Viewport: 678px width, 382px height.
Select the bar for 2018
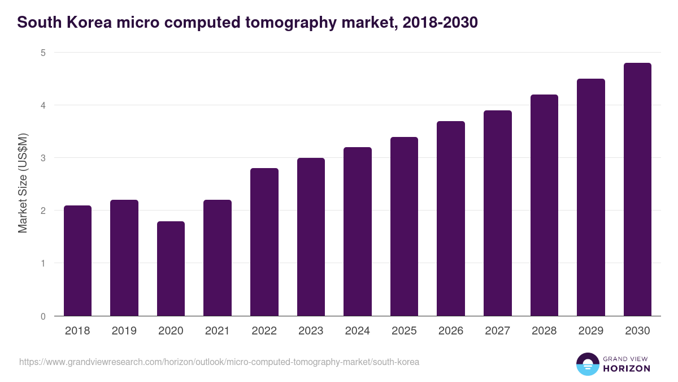point(77,261)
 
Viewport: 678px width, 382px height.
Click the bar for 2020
point(171,269)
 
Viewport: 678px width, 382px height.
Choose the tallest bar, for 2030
point(637,190)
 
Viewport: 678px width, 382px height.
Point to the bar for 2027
point(498,213)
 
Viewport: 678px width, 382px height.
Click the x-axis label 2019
point(124,331)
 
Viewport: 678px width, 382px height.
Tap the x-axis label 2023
point(311,331)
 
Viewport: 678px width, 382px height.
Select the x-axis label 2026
point(451,331)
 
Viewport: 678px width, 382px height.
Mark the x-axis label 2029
point(590,331)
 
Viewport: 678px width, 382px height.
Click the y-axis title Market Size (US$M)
point(23,184)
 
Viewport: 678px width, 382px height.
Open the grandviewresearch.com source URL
point(219,362)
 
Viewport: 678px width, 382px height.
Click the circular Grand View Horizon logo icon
point(587,364)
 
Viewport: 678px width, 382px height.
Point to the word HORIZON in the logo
point(627,368)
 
